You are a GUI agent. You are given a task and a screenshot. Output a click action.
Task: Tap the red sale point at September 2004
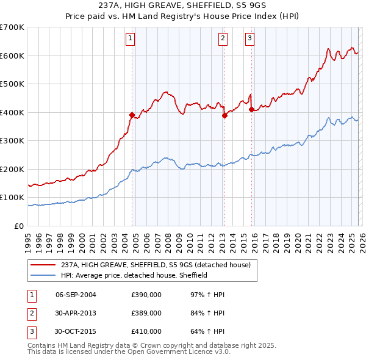point(132,115)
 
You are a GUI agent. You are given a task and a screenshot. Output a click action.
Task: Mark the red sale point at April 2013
point(224,115)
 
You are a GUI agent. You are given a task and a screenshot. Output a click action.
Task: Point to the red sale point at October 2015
point(251,109)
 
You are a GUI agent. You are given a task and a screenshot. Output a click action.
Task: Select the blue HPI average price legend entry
point(134,276)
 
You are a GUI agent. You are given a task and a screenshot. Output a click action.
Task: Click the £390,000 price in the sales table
point(146,295)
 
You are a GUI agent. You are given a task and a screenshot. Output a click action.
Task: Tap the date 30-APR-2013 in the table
point(76,313)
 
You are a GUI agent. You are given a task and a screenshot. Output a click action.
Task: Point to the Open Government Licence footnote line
point(128,352)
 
